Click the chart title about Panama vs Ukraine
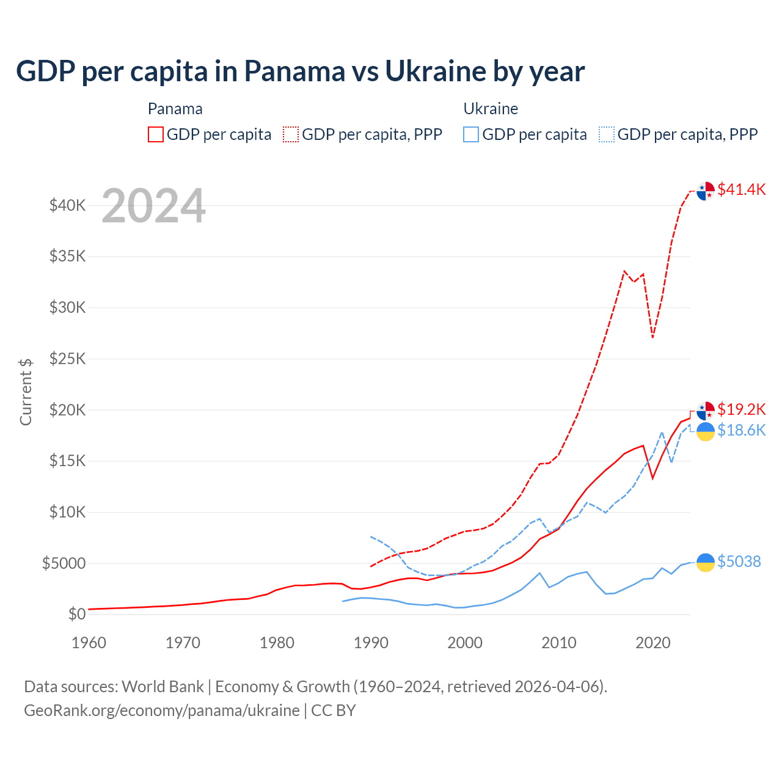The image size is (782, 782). pyautogui.click(x=300, y=71)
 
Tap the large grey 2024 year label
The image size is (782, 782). pyautogui.click(x=153, y=206)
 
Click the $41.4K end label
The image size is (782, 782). pyautogui.click(x=741, y=189)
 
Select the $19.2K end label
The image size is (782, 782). pyautogui.click(x=741, y=409)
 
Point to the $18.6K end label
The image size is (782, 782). pyautogui.click(x=741, y=431)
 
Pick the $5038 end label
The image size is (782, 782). pyautogui.click(x=739, y=561)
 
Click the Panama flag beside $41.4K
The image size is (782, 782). pyautogui.click(x=706, y=191)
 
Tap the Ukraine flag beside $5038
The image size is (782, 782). pyautogui.click(x=706, y=562)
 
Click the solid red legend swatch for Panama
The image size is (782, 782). pyautogui.click(x=156, y=134)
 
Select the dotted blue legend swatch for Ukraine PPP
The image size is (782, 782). pyautogui.click(x=607, y=134)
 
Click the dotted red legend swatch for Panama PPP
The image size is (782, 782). pyautogui.click(x=291, y=134)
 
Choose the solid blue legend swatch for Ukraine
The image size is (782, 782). pyautogui.click(x=471, y=134)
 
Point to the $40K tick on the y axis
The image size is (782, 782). pyautogui.click(x=68, y=205)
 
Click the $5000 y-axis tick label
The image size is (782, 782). pyautogui.click(x=64, y=563)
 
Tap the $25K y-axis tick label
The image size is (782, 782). pyautogui.click(x=68, y=359)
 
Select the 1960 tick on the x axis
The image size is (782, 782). pyautogui.click(x=89, y=643)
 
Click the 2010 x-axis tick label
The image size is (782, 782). pyautogui.click(x=559, y=643)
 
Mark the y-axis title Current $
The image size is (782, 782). pyautogui.click(x=26, y=392)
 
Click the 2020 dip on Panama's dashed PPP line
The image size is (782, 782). pyautogui.click(x=652, y=337)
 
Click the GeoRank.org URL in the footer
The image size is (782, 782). pyautogui.click(x=162, y=711)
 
